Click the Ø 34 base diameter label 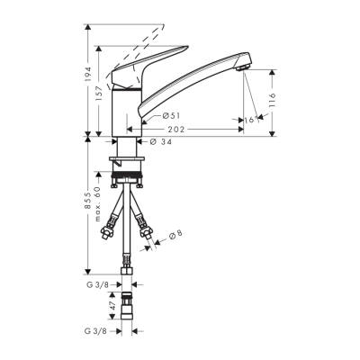pyautogui.click(x=161, y=140)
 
